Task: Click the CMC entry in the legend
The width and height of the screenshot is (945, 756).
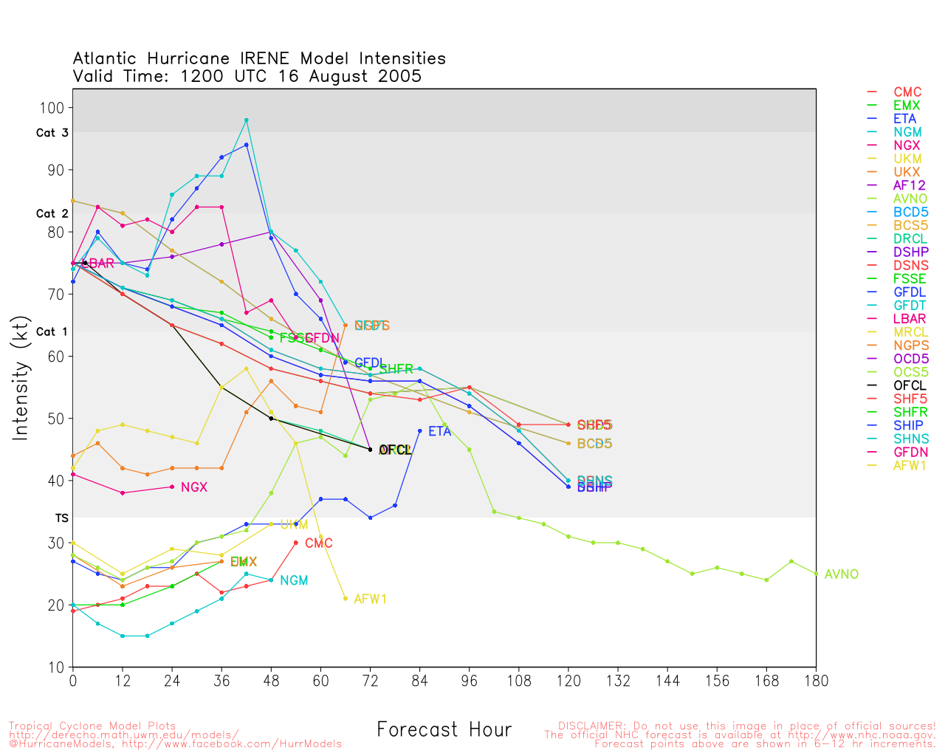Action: point(907,92)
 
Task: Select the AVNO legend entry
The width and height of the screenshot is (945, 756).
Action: point(910,199)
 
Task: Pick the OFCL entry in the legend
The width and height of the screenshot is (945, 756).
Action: point(910,385)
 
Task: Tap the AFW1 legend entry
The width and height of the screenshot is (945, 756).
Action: point(910,465)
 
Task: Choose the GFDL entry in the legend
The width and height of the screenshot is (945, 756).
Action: point(910,292)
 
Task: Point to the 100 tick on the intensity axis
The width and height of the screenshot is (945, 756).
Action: point(55,108)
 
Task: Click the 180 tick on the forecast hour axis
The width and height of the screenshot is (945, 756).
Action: point(816,681)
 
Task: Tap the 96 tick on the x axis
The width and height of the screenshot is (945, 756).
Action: point(469,681)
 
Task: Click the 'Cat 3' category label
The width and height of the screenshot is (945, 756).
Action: point(52,133)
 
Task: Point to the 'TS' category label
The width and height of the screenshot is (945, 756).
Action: point(61,518)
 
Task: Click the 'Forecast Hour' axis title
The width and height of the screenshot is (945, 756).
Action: point(444,730)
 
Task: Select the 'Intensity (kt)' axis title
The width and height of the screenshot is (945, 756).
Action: point(20,379)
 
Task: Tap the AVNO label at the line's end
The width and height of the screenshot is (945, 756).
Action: point(841,574)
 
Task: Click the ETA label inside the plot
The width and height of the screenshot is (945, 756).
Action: point(439,431)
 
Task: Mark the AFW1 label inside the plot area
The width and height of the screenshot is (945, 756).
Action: point(370,599)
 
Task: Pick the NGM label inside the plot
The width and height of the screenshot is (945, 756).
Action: point(294,581)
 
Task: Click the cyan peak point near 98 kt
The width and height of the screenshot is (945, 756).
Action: point(247,120)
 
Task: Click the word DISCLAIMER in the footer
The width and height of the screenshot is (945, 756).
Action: point(588,726)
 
